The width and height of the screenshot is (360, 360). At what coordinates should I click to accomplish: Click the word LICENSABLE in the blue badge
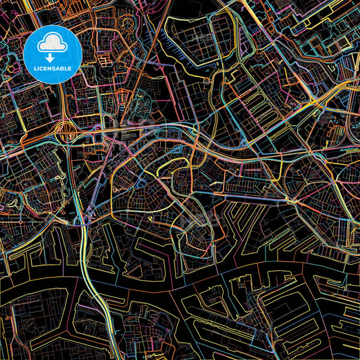coord(53,68)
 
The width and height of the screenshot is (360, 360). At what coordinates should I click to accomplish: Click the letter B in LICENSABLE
coord(63,68)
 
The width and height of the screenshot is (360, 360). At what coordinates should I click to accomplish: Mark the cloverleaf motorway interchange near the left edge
coord(68,132)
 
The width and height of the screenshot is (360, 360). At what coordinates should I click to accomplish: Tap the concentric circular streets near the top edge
coord(128,26)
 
